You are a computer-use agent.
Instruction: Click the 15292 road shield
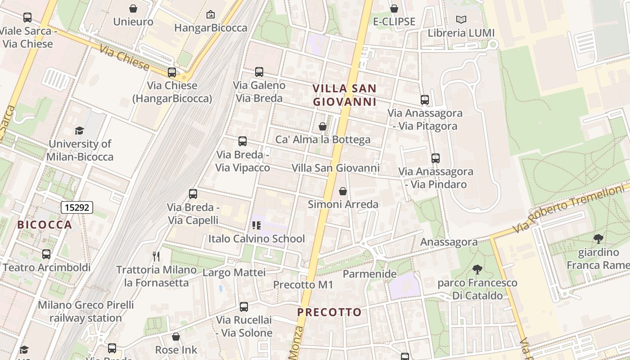[77, 207]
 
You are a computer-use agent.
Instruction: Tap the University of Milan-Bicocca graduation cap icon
[79, 131]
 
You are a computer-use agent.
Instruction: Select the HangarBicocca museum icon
[210, 15]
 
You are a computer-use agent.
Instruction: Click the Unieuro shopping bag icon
[133, 9]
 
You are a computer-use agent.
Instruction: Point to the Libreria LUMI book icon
[461, 19]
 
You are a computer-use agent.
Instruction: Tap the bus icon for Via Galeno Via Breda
[259, 72]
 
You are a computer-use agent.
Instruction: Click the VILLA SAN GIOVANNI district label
[345, 95]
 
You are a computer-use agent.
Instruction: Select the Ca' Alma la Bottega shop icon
[323, 127]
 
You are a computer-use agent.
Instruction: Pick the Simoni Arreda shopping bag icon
[343, 192]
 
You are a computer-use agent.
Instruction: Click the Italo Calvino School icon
[256, 225]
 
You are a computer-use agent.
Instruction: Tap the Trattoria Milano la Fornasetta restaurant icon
[156, 256]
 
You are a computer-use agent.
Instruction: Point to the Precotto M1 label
[303, 285]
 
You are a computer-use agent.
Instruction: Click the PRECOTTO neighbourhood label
[329, 312]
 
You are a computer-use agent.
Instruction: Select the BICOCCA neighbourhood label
[45, 225]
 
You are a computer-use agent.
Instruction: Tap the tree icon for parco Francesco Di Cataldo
[477, 270]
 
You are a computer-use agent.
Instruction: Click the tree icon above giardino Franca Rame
[598, 239]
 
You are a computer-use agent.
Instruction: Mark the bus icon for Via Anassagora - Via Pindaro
[435, 158]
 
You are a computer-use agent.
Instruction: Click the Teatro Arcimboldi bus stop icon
[46, 254]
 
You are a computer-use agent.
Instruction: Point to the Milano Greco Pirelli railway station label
[85, 311]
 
